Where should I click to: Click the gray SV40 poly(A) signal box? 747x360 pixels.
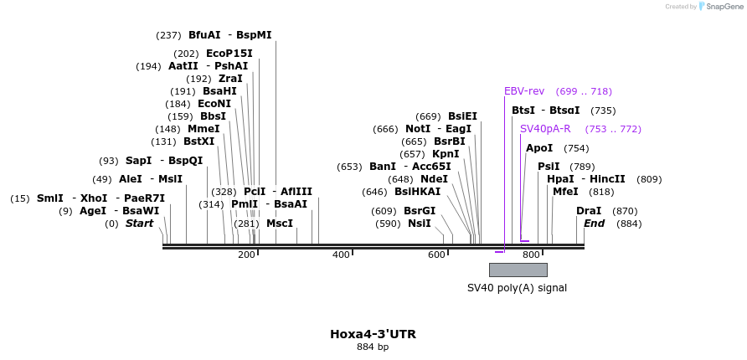tap(518, 270)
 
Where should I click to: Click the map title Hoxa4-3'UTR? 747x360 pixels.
tap(373, 334)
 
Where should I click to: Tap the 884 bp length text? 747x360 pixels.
tap(373, 347)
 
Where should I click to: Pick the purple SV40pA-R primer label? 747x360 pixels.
tap(545, 129)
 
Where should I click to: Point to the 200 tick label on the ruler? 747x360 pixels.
tap(246, 255)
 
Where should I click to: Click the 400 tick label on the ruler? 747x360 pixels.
tap(341, 255)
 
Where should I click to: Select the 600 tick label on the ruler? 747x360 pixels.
tap(436, 255)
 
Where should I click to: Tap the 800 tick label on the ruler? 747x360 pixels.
tap(531, 255)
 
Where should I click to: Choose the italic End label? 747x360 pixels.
tap(594, 224)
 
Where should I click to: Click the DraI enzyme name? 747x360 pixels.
tap(589, 211)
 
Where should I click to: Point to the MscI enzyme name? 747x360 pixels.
tap(280, 224)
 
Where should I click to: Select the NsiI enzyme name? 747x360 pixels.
tap(420, 224)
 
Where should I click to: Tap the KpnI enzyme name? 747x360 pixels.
tap(446, 154)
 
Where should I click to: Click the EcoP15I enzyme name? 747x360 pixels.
tap(229, 54)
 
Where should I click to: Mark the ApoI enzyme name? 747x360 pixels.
tap(539, 148)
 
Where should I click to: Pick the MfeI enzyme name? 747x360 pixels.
tap(565, 192)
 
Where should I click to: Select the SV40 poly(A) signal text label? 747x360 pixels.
tap(517, 288)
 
